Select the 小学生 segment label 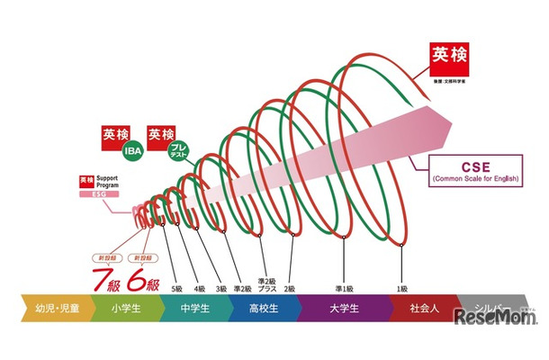[123, 309]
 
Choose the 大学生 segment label [343, 309]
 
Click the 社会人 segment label [423, 309]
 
